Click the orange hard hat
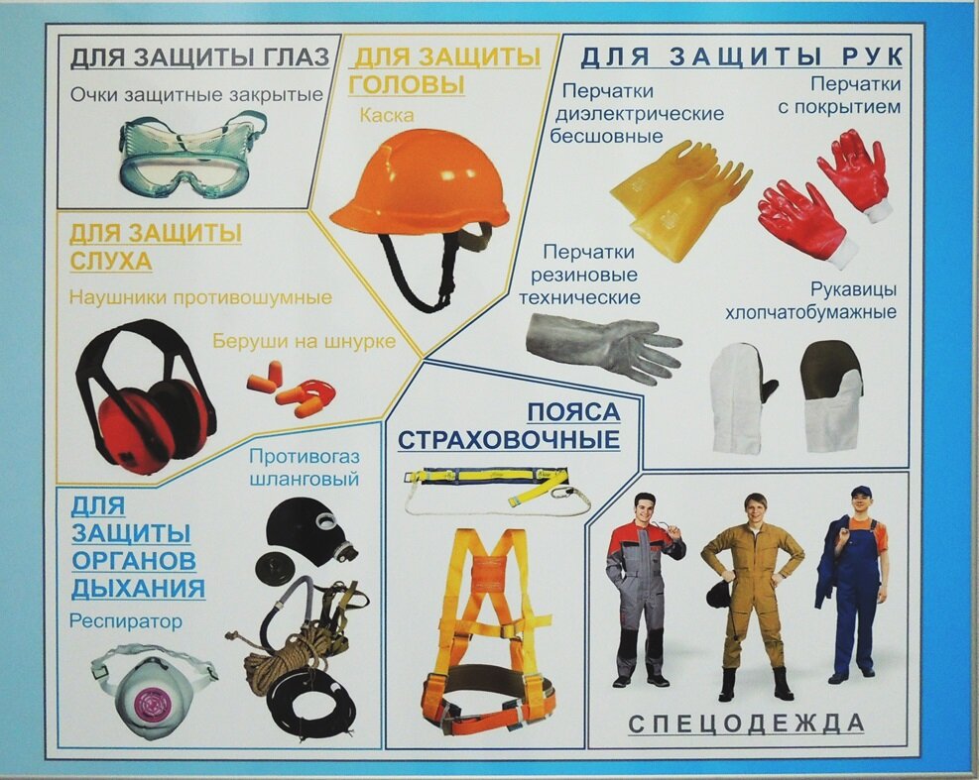point(420,184)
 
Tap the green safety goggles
point(192,151)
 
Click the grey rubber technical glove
point(603,345)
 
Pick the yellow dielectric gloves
point(679,200)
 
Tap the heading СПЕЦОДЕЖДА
point(746,724)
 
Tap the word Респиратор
point(126,621)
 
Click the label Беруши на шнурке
point(305,341)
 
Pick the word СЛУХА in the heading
point(111,261)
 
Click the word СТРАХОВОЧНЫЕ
point(509,439)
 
